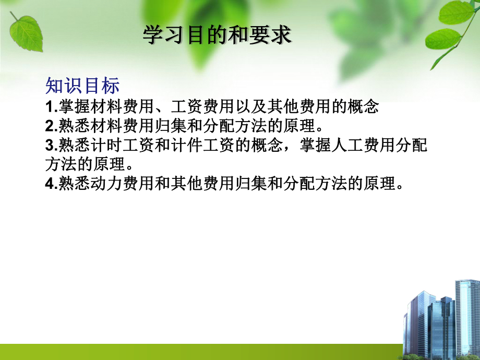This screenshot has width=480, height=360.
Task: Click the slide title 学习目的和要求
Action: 217,35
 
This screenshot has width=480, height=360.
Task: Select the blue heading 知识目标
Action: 82,86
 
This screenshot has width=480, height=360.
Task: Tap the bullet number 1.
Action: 50,107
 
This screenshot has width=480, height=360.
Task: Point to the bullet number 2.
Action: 50,127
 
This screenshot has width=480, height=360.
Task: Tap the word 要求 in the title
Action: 272,35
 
